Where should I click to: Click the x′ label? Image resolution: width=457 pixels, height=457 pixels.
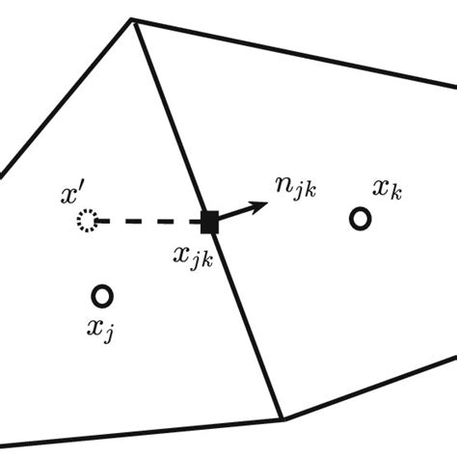click(70, 196)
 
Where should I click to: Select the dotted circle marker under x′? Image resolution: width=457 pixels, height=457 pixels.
click(87, 222)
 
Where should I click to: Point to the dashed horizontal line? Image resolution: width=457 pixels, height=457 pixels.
click(149, 222)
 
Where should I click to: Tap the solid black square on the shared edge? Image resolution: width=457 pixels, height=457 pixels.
click(209, 222)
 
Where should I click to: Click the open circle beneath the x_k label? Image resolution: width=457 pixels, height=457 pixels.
click(360, 220)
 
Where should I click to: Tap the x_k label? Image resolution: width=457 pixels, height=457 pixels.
click(388, 189)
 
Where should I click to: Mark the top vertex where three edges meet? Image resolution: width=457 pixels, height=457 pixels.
click(132, 18)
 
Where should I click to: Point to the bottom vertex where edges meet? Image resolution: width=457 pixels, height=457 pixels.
click(282, 418)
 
